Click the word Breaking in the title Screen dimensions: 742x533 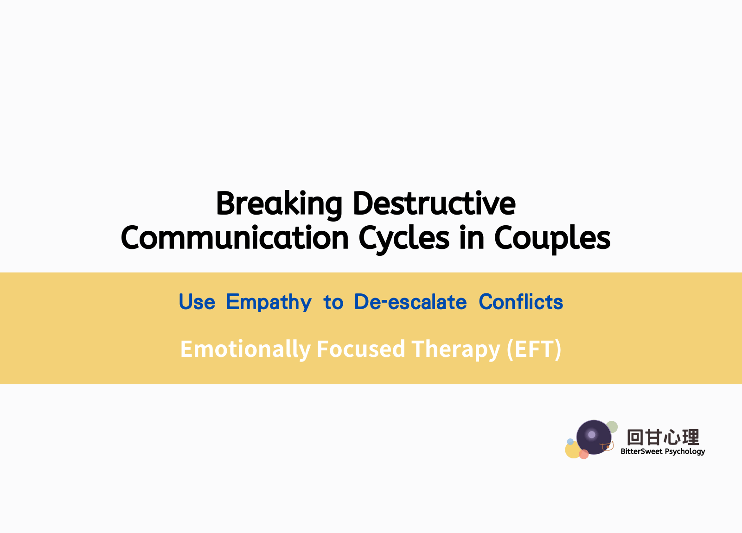[x=279, y=205]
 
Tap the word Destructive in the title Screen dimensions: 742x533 [x=434, y=203]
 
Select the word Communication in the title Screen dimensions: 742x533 [x=235, y=237]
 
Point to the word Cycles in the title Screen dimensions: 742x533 [x=404, y=239]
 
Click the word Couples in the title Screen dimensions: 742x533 [x=552, y=239]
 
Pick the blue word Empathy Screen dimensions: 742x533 [x=269, y=302]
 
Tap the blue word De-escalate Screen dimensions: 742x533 [x=410, y=302]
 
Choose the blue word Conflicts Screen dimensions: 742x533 [x=521, y=302]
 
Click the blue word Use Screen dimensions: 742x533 [x=197, y=302]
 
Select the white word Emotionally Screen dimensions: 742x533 [x=245, y=349]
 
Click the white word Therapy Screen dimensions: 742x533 [x=456, y=350]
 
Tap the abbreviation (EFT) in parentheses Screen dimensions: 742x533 [x=534, y=349]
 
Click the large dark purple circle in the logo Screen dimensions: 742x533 [x=594, y=438]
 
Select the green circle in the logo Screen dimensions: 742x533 [x=612, y=427]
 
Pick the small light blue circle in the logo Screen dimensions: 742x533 [x=570, y=441]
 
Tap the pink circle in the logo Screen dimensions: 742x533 [x=584, y=454]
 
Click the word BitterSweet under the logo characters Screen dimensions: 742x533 [x=641, y=451]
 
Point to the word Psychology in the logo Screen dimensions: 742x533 [x=685, y=452]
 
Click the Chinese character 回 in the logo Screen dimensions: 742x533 [x=635, y=438]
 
